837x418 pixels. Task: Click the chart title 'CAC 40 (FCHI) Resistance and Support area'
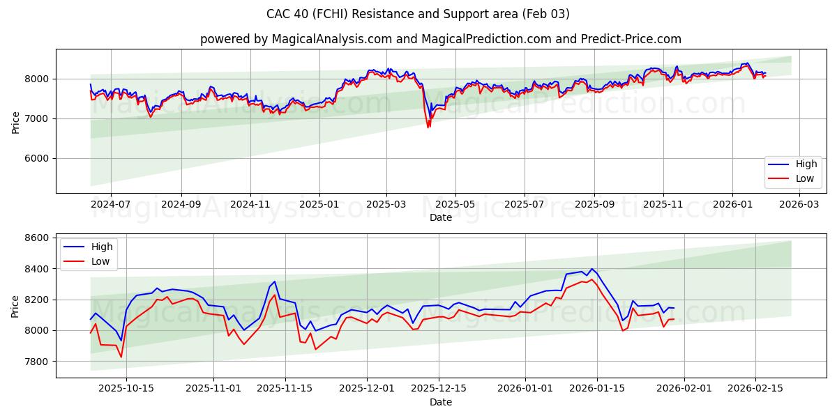(x=418, y=14)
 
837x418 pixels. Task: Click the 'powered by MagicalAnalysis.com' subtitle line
(x=440, y=39)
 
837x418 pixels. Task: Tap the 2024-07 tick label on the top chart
(x=110, y=205)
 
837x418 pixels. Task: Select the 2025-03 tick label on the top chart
(x=386, y=205)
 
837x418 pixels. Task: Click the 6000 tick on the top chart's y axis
(x=38, y=159)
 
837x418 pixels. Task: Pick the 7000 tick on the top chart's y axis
(x=38, y=119)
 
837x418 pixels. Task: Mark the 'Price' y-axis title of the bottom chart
(x=15, y=306)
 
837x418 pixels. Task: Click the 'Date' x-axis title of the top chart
(x=440, y=217)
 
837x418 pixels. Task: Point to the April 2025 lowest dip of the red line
(x=428, y=127)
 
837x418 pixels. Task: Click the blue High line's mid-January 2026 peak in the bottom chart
(x=591, y=269)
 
